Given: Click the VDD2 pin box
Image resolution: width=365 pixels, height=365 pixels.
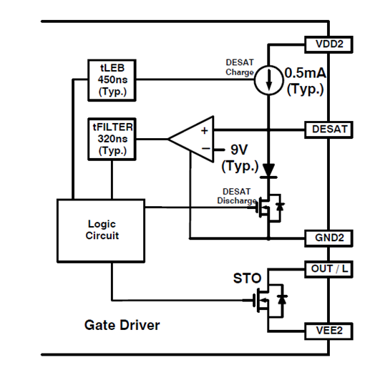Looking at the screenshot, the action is click(x=328, y=44).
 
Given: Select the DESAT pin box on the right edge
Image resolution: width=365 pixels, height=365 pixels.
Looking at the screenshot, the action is click(x=328, y=130).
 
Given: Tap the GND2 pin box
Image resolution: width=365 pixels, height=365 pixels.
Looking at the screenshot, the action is click(x=328, y=238).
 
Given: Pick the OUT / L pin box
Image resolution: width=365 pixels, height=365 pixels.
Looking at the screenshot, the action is click(x=328, y=269).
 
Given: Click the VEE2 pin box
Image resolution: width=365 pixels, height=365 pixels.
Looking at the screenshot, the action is click(x=328, y=331).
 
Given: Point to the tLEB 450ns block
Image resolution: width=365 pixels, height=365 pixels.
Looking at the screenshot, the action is click(x=112, y=80).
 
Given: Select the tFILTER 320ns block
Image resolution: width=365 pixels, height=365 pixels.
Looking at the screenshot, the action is click(x=112, y=139).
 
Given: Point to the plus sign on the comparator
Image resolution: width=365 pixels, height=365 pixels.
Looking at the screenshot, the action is click(x=205, y=131).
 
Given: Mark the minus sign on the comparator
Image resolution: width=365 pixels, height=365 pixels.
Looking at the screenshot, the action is click(x=205, y=149).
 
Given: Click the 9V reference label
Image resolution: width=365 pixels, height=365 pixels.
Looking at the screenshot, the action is click(x=239, y=150).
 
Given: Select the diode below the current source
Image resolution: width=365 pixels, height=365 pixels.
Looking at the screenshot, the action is click(x=268, y=170).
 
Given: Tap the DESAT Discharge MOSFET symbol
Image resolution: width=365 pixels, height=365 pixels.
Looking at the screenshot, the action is click(x=270, y=208).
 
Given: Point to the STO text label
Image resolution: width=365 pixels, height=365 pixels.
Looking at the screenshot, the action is click(x=247, y=278).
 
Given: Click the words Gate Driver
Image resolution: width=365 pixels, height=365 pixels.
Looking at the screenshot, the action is click(x=122, y=325).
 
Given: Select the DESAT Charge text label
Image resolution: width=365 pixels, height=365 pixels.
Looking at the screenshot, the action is click(x=240, y=67).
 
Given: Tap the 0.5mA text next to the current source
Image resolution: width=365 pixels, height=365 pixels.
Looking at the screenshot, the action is click(x=306, y=73).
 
